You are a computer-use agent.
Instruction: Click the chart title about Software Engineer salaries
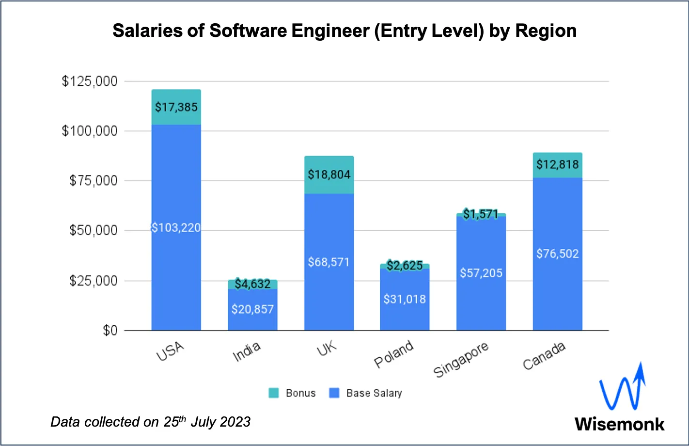[x=344, y=31]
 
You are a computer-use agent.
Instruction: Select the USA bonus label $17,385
[x=176, y=107]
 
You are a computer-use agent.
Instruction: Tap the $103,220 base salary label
[x=176, y=228]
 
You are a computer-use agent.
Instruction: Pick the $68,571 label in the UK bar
[x=329, y=262]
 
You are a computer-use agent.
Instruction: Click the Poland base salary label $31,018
[x=405, y=299]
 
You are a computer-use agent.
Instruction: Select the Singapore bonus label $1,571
[x=481, y=214]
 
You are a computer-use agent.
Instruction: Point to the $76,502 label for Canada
[x=557, y=254]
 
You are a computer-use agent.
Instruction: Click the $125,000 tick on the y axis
[x=90, y=81]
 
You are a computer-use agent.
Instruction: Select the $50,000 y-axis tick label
[x=94, y=230]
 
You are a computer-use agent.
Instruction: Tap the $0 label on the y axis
[x=110, y=331]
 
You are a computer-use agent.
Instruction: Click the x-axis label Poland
[x=394, y=354]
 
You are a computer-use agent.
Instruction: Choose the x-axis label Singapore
[x=461, y=359]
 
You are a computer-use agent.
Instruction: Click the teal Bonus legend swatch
[x=274, y=393]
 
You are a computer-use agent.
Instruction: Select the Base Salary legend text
[x=374, y=393]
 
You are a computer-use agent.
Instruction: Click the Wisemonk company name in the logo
[x=620, y=424]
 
